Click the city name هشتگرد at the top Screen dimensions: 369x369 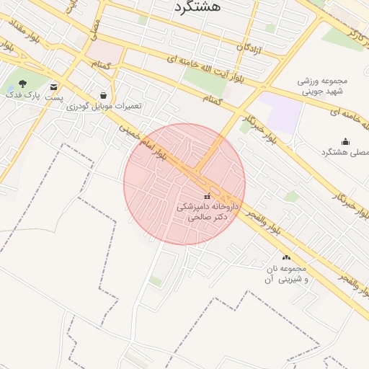click(199, 7)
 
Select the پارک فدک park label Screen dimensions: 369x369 click(19, 94)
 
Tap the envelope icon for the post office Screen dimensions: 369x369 click(54, 87)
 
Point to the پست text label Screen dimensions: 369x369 click(54, 97)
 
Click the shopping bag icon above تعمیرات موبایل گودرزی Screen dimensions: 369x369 click(105, 95)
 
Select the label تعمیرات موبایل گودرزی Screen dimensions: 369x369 click(105, 106)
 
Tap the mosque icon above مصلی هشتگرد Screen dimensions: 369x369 click(345, 142)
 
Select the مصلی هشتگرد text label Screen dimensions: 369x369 click(342, 153)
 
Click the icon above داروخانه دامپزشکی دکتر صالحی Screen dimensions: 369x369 click(208, 196)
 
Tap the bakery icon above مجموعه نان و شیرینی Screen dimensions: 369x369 click(287, 257)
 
